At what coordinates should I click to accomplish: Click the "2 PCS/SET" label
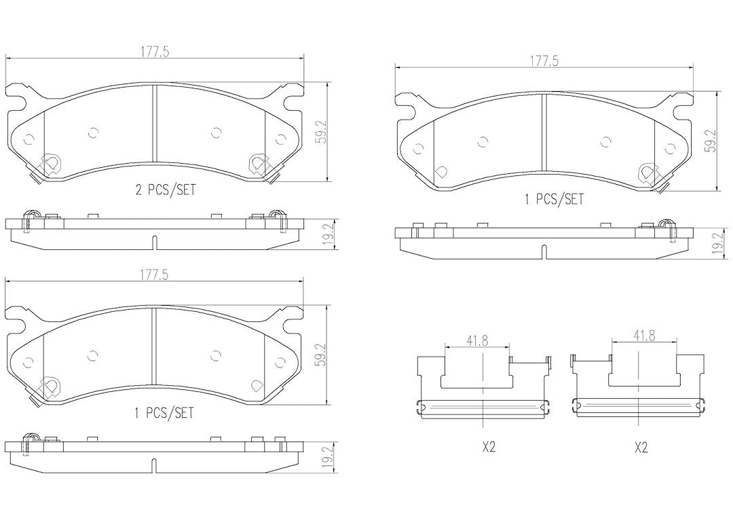coord(165,190)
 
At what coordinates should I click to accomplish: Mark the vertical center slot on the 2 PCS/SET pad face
coord(155,124)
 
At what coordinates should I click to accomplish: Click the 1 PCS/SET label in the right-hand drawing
coord(554,200)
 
